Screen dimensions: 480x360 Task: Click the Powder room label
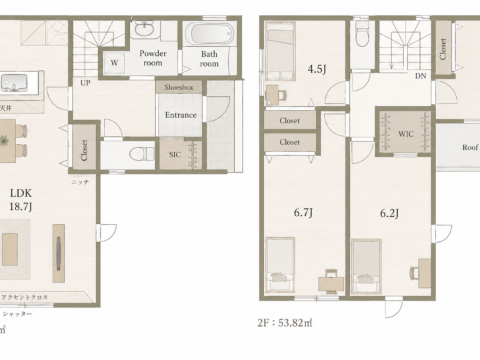153,58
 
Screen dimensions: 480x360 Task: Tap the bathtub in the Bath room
210,34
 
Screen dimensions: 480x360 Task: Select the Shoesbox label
179,87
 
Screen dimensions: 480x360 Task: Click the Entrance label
181,115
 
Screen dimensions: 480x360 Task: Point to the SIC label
175,155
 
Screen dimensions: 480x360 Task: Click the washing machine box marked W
114,63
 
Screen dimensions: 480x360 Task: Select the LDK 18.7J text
21,200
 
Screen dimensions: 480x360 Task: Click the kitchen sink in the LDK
14,83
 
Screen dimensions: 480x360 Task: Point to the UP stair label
85,83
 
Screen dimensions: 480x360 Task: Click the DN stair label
421,76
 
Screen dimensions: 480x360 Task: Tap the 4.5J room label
317,69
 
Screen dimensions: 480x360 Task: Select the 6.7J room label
303,212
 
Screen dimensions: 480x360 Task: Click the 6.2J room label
389,213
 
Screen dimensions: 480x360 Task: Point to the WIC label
406,134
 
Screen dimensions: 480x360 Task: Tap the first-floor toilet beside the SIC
143,154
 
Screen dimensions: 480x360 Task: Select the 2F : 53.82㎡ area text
285,323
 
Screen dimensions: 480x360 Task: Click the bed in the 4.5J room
280,51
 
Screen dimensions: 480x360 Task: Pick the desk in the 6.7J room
331,284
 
